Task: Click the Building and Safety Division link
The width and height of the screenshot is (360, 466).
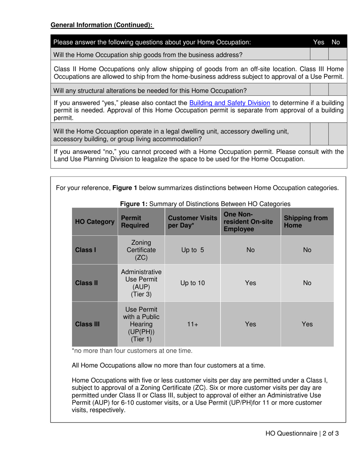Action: [x=229, y=103]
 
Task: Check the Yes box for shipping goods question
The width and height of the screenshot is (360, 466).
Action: [x=319, y=55]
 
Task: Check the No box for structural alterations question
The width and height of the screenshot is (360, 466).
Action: [x=338, y=91]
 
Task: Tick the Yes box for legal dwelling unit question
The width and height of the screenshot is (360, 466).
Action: [x=319, y=135]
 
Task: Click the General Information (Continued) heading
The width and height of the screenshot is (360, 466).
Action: [x=102, y=25]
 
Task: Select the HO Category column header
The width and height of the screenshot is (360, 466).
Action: [x=95, y=222]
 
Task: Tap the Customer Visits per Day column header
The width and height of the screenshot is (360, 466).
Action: [x=193, y=222]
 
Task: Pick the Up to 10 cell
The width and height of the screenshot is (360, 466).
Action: [x=193, y=283]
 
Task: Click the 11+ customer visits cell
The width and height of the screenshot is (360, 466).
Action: [x=193, y=324]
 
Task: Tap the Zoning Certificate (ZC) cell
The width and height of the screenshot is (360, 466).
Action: [x=141, y=250]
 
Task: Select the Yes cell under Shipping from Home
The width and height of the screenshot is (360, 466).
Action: [x=307, y=324]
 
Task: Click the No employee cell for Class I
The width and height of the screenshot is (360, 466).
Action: [x=250, y=250]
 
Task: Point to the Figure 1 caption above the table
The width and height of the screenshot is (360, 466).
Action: [x=205, y=204]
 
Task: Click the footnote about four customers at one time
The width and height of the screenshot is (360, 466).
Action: [x=132, y=351]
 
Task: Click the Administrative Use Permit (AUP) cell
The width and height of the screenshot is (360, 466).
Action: [x=141, y=283]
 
